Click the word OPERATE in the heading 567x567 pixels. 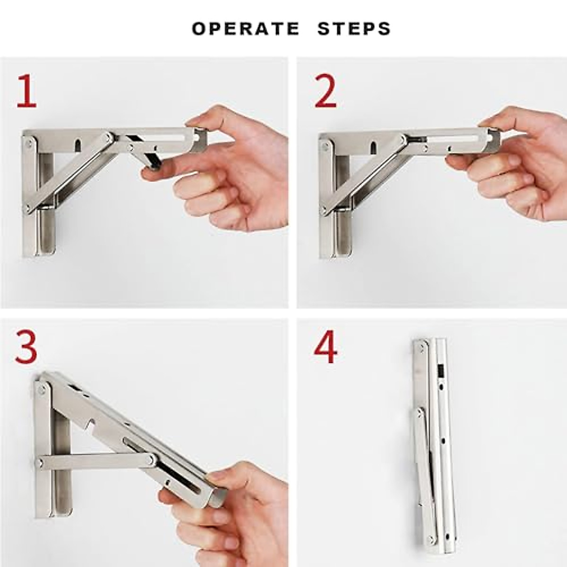tap(245, 29)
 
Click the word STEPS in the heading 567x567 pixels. tap(354, 29)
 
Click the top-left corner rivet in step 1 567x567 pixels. tap(28, 143)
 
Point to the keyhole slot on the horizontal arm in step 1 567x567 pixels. tap(78, 145)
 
